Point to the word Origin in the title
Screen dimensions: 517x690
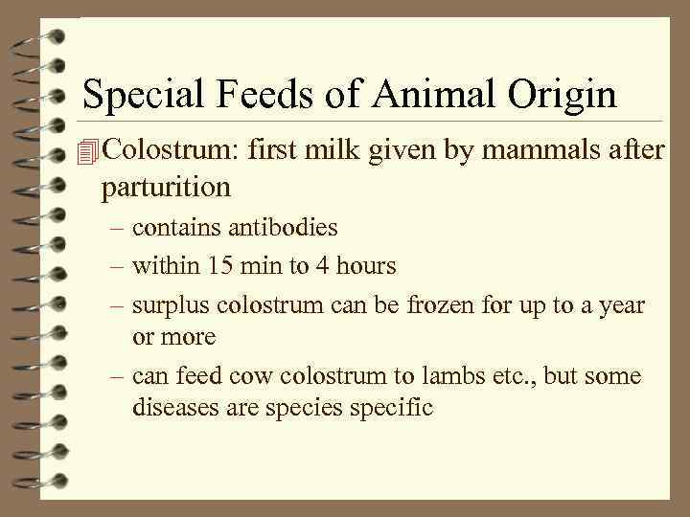562,95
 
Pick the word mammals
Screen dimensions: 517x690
537,150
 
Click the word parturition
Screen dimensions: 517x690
165,187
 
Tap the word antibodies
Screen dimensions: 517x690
283,228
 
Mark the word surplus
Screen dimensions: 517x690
171,306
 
